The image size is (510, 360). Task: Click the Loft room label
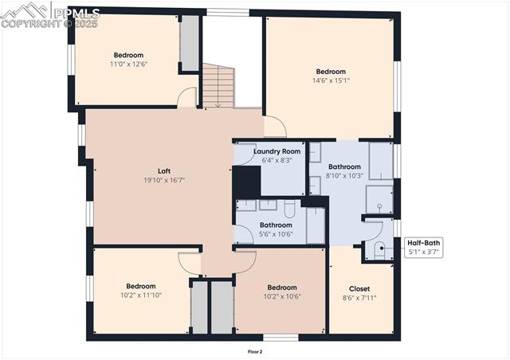pos(164,170)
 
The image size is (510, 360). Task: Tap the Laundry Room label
pos(277,151)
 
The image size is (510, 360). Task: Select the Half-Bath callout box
pos(423,247)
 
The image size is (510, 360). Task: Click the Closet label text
pos(359,288)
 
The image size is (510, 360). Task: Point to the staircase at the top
pos(217,86)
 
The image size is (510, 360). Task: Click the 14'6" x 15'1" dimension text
pos(331,80)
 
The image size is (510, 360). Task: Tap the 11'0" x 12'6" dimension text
pos(128,64)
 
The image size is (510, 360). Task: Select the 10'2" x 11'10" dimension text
pos(141,295)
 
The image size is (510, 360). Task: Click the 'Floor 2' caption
pos(255,351)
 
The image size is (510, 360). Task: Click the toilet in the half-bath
pos(379,249)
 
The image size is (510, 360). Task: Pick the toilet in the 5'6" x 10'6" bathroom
pos(289,208)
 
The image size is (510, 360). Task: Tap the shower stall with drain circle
pos(379,200)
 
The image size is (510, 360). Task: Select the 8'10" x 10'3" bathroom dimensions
pos(344,176)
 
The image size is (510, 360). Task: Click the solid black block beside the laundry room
pos(246,181)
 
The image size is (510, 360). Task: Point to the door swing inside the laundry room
pos(244,155)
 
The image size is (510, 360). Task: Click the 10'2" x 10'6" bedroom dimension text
pos(282,297)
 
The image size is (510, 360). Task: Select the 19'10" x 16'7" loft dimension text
pos(164,180)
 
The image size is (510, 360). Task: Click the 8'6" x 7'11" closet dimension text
pos(359,298)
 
